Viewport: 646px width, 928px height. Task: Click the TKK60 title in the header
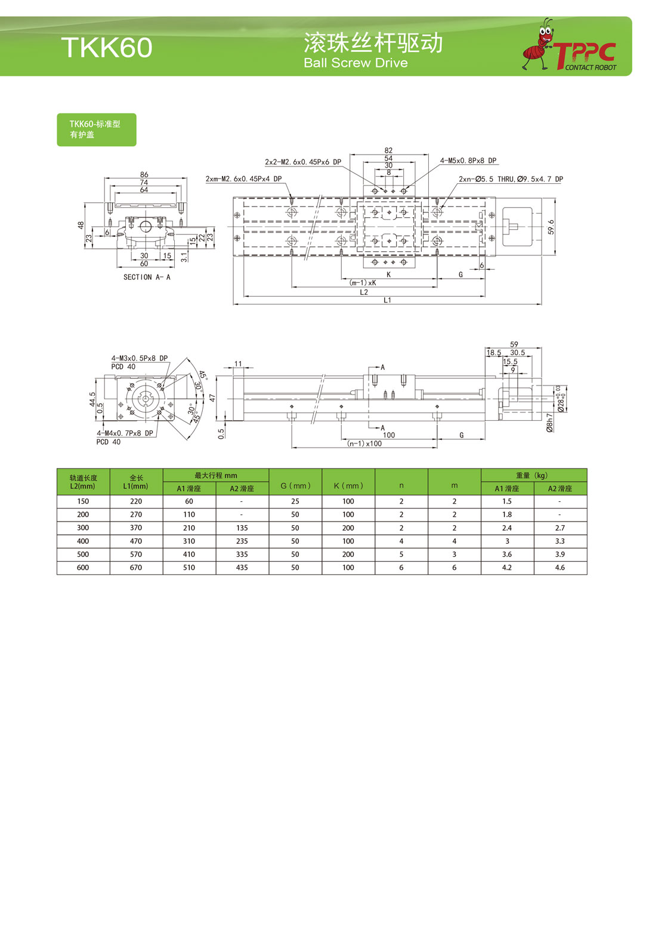(107, 47)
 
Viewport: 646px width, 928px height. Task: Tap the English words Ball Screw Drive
(356, 63)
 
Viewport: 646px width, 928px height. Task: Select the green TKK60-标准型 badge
(97, 130)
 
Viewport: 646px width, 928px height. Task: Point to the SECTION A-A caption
(147, 277)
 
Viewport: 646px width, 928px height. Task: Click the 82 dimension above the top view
(388, 150)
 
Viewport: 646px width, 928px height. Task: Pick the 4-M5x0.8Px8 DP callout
(468, 161)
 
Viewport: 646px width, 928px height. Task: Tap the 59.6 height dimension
(551, 227)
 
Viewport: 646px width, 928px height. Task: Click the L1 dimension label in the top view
(387, 300)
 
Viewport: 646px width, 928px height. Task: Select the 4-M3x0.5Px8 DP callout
(139, 358)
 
